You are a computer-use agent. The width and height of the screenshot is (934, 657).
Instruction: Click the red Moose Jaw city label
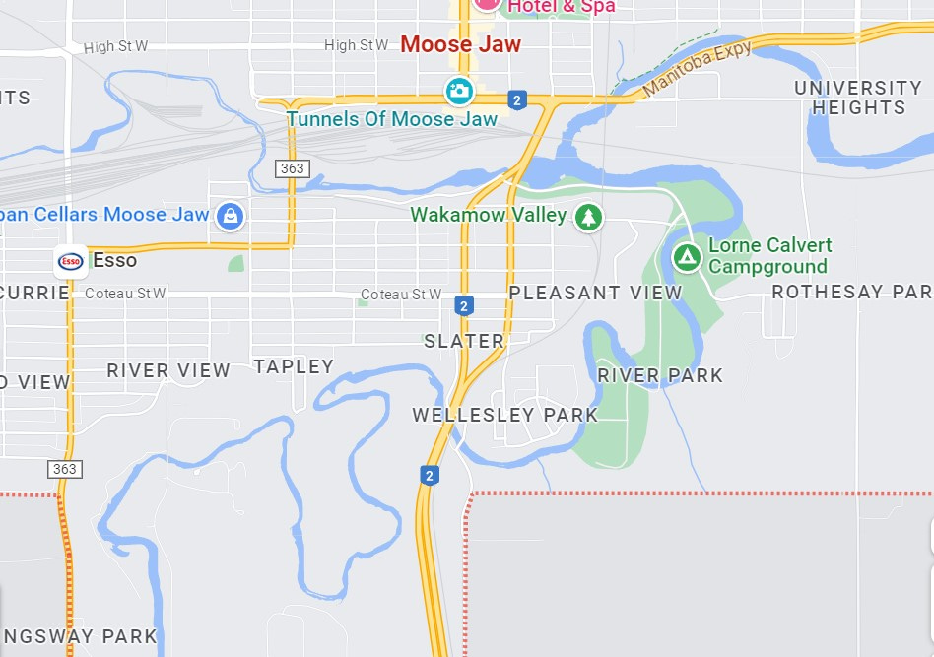460,44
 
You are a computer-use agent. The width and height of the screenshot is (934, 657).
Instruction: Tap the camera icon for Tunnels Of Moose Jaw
458,92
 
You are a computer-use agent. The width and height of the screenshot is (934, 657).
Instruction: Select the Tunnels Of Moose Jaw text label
392,119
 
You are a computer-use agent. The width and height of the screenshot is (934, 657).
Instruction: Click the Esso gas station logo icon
71,261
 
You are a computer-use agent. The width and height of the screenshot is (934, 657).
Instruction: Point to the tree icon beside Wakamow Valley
588,216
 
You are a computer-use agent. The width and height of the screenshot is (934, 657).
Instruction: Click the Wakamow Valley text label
488,215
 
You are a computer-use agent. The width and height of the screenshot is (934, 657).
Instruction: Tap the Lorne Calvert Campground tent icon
687,258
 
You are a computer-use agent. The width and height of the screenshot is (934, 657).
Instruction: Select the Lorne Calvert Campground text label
769,256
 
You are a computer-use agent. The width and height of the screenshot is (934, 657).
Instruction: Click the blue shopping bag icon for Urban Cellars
230,216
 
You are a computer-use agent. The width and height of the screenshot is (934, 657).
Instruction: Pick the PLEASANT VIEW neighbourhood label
595,293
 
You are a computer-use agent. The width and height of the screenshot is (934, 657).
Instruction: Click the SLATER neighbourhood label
464,342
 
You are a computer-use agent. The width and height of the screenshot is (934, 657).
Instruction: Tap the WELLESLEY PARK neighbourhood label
504,415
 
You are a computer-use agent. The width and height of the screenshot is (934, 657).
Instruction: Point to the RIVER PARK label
660,375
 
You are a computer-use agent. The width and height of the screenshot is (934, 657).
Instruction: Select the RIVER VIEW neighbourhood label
168,371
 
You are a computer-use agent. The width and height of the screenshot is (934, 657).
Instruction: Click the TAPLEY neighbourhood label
294,366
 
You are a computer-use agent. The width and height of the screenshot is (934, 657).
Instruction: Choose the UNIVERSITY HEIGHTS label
857,98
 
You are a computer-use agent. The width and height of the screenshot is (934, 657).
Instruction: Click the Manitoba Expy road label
698,70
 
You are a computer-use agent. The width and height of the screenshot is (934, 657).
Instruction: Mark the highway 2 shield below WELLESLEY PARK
430,475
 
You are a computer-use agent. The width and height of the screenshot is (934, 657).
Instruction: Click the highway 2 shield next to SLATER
463,306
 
